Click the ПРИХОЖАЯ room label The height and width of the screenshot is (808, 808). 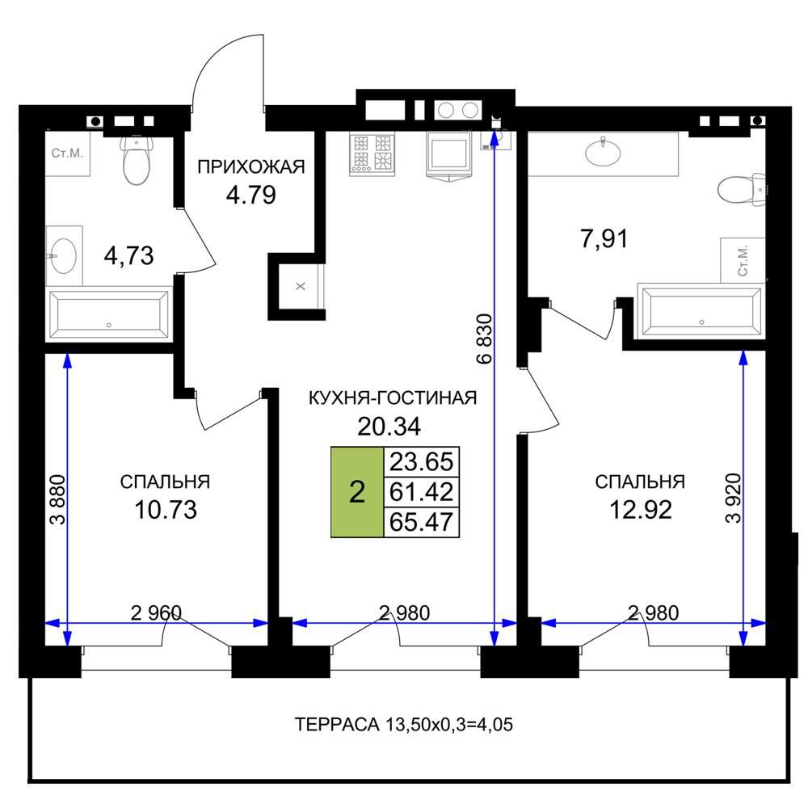click(x=251, y=167)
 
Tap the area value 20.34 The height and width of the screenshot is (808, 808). click(x=389, y=426)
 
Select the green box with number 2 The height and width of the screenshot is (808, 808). click(x=357, y=492)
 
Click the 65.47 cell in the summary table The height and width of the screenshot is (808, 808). click(x=422, y=522)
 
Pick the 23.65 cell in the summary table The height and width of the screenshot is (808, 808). click(x=422, y=461)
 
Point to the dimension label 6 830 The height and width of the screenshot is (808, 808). click(x=485, y=339)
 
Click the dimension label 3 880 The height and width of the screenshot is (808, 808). click(x=57, y=499)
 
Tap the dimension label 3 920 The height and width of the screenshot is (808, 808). click(x=733, y=499)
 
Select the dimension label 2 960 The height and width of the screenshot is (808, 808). click(x=156, y=612)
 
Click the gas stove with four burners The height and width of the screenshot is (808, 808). click(x=372, y=154)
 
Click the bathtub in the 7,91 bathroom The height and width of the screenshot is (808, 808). click(x=701, y=311)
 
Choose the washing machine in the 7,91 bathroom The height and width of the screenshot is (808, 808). click(x=743, y=260)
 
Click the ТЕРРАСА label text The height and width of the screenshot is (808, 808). click(x=337, y=724)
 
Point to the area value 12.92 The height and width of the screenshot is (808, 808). click(x=641, y=510)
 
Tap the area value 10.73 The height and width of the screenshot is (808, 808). click(x=166, y=510)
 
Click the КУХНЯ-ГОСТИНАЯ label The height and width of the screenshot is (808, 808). click(x=393, y=398)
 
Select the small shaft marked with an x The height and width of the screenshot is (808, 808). click(x=301, y=286)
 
